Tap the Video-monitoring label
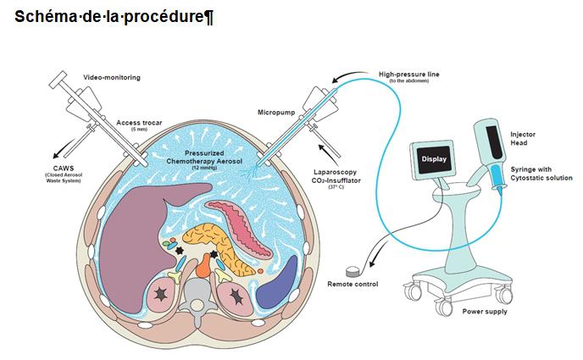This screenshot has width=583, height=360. pyautogui.click(x=111, y=77)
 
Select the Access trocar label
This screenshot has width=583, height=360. pyautogui.click(x=133, y=122)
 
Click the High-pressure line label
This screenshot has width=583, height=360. pyautogui.click(x=408, y=75)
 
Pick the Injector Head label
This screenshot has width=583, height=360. pyautogui.click(x=524, y=138)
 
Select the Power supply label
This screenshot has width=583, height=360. pyautogui.click(x=485, y=312)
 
